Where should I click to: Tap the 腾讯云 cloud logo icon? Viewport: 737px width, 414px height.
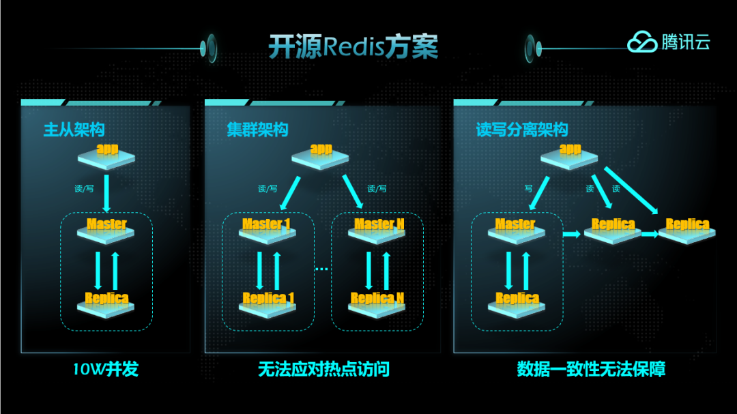pyautogui.click(x=641, y=43)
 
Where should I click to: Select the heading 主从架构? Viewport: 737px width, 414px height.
pyautogui.click(x=74, y=130)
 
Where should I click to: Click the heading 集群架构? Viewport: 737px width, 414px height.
pyautogui.click(x=257, y=130)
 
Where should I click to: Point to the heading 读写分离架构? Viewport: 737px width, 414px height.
pyautogui.click(x=521, y=130)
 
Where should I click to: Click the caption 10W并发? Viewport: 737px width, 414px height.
pyautogui.click(x=106, y=370)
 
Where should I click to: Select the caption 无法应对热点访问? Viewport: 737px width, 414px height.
pyautogui.click(x=323, y=370)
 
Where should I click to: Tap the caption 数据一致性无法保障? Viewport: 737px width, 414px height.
pyautogui.click(x=591, y=370)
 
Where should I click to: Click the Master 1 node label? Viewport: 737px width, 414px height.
pyautogui.click(x=266, y=224)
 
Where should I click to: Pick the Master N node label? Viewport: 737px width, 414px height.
pyautogui.click(x=379, y=224)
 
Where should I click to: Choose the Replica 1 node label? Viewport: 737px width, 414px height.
pyautogui.click(x=268, y=298)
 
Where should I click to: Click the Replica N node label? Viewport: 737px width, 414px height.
pyautogui.click(x=377, y=298)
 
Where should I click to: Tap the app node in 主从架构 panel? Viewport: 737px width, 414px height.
pyautogui.click(x=108, y=149)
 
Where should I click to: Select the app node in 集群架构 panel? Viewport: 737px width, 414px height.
pyautogui.click(x=321, y=149)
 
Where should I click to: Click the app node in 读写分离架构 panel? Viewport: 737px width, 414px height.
pyautogui.click(x=570, y=149)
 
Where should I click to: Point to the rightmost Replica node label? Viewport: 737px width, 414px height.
pyautogui.click(x=687, y=224)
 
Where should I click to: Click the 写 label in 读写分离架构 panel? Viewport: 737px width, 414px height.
pyautogui.click(x=528, y=188)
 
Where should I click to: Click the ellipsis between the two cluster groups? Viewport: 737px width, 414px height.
pyautogui.click(x=322, y=269)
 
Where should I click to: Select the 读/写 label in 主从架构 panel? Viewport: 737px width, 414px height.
pyautogui.click(x=84, y=188)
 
